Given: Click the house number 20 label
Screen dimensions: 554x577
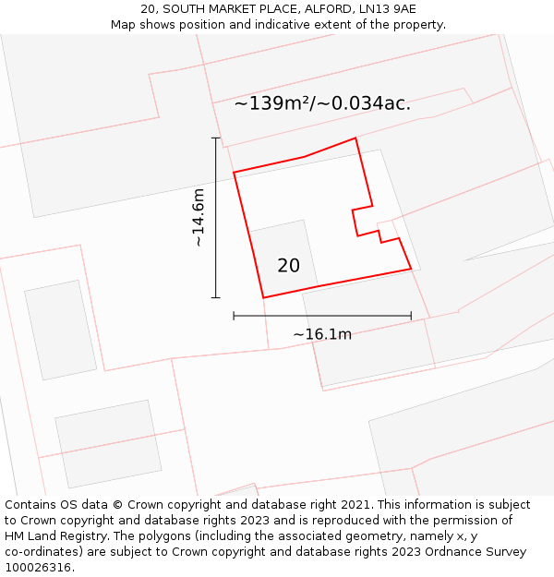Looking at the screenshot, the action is tap(288, 266).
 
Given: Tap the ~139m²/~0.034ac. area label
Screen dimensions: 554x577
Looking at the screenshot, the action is tap(322, 103).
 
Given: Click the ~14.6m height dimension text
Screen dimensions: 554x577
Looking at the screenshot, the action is tap(198, 218).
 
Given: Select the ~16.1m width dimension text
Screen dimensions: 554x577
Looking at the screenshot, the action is tap(322, 334).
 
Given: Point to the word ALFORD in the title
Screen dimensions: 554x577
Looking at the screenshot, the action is tap(328, 9).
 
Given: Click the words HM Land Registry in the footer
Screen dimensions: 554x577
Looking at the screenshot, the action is tap(49, 536).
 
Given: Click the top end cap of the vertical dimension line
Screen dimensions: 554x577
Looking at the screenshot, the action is tap(216, 138).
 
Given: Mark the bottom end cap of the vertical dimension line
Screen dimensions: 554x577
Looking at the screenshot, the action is tap(216, 297).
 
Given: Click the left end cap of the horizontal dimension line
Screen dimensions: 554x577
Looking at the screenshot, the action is tap(234, 316).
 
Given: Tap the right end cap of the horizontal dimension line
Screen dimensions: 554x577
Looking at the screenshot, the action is tap(411, 316).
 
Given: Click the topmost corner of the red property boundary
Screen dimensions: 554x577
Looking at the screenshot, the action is tap(355, 138).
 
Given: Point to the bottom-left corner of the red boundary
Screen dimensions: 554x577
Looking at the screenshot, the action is tap(264, 297).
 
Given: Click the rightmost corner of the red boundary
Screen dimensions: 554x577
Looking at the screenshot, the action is tap(411, 270).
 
